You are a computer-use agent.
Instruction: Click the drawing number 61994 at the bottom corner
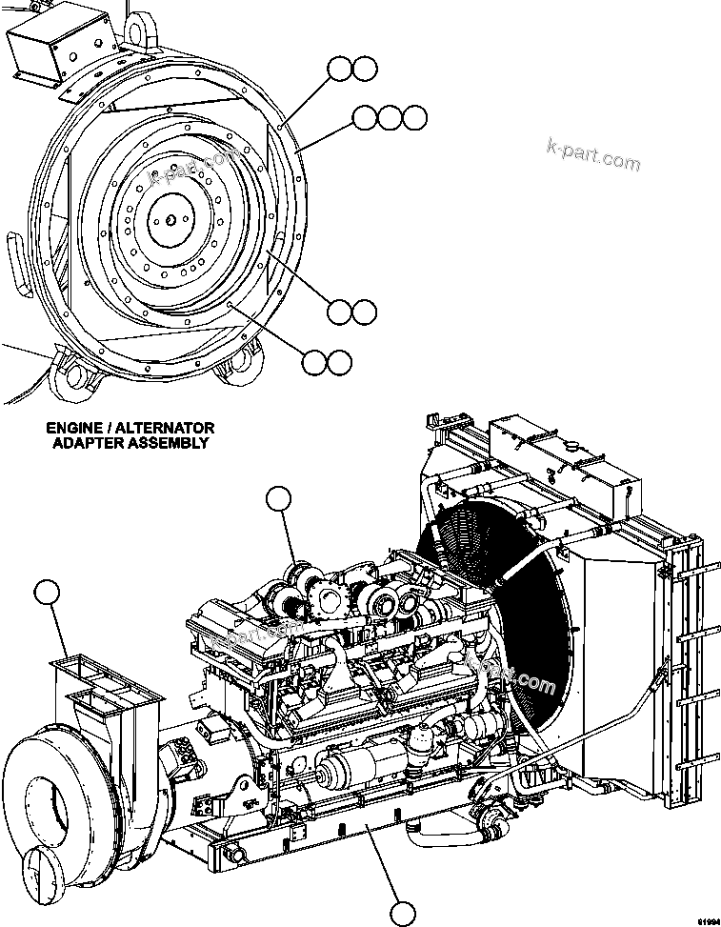706,920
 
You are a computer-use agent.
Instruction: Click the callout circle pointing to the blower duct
46,592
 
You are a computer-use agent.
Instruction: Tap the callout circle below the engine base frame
404,913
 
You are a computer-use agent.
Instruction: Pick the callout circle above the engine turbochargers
279,499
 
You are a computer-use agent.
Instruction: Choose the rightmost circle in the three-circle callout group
413,117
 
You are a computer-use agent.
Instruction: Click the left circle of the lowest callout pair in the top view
314,361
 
